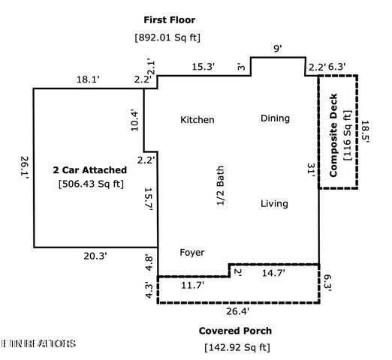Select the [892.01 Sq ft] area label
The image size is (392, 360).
tap(167, 37)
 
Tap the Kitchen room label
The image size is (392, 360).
tap(198, 120)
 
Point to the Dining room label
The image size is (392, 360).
tap(275, 118)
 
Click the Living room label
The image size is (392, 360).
tap(274, 204)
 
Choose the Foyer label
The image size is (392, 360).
tap(191, 253)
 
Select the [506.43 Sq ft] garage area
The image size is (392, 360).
tap(91, 184)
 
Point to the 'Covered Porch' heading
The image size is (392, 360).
tap(235, 331)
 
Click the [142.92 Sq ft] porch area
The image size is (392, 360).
tap(237, 347)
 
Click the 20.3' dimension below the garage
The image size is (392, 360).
tap(94, 256)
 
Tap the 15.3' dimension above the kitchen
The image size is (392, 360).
tap(202, 67)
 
